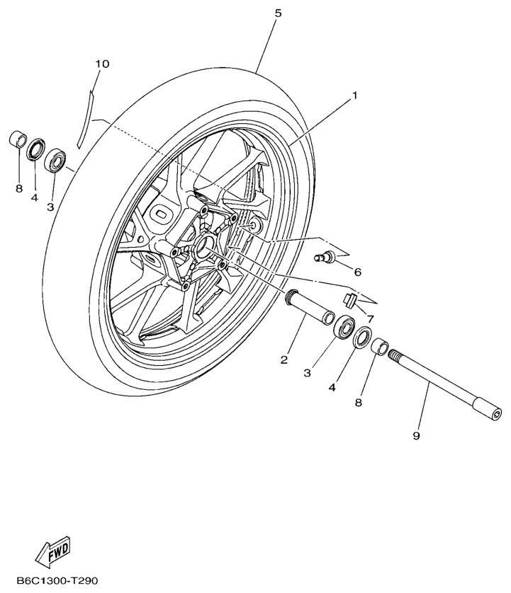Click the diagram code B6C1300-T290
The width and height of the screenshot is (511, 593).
pyautogui.click(x=57, y=580)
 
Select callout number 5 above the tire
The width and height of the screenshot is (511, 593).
pyautogui.click(x=278, y=13)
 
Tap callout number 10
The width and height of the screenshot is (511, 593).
pyautogui.click(x=102, y=64)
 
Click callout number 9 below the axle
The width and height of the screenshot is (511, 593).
pyautogui.click(x=416, y=436)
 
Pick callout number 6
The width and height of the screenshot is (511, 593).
pyautogui.click(x=357, y=272)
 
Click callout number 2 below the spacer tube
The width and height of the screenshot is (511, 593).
pyautogui.click(x=284, y=359)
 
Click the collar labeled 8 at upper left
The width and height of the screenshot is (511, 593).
pyautogui.click(x=17, y=139)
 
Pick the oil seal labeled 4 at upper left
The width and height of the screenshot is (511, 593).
pyautogui.click(x=35, y=149)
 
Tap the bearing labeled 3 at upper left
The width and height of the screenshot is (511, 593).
pyautogui.click(x=55, y=160)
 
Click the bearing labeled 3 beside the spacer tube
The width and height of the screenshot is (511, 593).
pyautogui.click(x=344, y=327)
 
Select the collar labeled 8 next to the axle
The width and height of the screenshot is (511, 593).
pyautogui.click(x=381, y=347)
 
